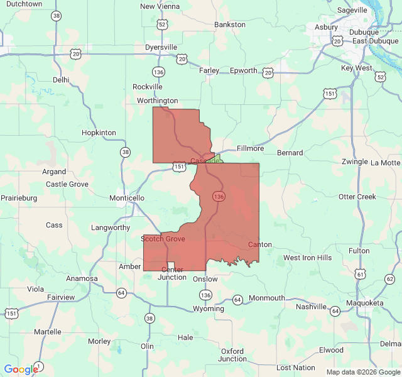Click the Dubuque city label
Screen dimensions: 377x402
coord(364,32)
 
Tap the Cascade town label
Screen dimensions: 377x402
coord(205,161)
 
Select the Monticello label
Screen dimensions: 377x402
coord(127,198)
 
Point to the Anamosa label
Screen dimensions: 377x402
coord(82,278)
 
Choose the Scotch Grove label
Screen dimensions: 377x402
coord(163,239)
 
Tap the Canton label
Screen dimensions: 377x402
coord(260,244)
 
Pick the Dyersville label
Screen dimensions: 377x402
coord(161,47)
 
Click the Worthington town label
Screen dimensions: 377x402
coord(158,101)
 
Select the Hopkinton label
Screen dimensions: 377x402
coord(99,133)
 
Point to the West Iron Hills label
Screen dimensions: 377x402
coord(307,258)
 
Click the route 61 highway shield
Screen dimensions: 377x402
coord(360,275)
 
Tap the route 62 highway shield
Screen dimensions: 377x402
coord(390,279)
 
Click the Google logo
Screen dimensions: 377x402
coord(21,369)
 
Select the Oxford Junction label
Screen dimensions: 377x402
coord(232,355)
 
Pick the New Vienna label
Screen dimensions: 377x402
coord(160,6)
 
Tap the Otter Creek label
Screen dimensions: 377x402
coord(357,197)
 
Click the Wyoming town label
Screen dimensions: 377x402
coord(209,309)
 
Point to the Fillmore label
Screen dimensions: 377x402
coord(250,148)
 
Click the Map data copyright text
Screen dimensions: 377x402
coord(362,372)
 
